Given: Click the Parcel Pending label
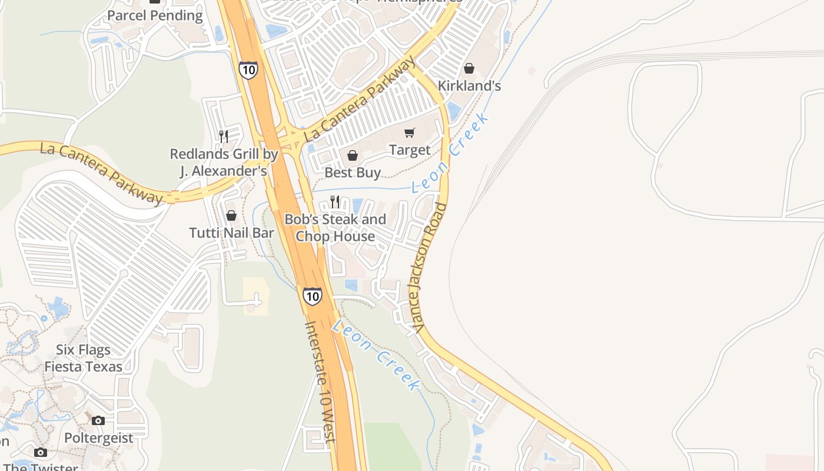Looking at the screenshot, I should click(x=155, y=15).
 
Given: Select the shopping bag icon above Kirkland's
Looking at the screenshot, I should click(x=469, y=69).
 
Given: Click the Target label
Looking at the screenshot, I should click(x=410, y=150).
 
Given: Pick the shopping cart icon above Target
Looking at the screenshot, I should click(x=410, y=133).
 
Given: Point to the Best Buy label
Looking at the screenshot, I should click(x=353, y=173).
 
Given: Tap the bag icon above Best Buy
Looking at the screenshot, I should click(x=353, y=156).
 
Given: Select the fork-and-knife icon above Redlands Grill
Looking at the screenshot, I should click(x=224, y=137).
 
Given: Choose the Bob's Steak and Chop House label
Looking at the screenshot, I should click(x=335, y=228).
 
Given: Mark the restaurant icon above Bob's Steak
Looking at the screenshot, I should click(x=335, y=202).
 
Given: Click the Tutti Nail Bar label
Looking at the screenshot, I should click(x=231, y=233).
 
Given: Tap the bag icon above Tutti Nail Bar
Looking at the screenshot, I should click(x=231, y=216).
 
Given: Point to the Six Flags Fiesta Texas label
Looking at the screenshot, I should click(x=83, y=358).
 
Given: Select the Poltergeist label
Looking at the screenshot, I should click(x=99, y=438).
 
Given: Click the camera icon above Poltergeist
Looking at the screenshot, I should click(x=98, y=420).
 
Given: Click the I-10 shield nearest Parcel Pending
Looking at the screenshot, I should click(x=248, y=70).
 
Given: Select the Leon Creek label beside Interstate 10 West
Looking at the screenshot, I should click(x=376, y=356).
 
